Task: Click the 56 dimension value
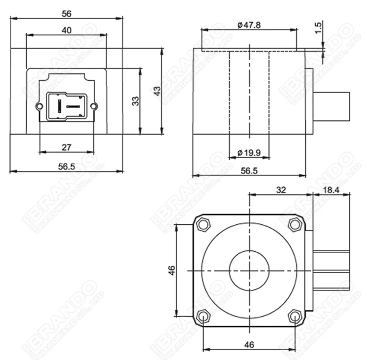(67, 13)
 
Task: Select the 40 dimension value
(67, 30)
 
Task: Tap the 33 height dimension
(136, 100)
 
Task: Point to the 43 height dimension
(157, 91)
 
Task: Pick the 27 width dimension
(67, 146)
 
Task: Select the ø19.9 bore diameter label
(249, 153)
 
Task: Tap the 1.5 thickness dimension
(319, 27)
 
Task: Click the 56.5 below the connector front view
(67, 167)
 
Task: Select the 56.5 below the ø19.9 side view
(249, 170)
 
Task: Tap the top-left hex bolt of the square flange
(203, 225)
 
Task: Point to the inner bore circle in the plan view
(249, 270)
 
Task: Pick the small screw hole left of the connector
(39, 106)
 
